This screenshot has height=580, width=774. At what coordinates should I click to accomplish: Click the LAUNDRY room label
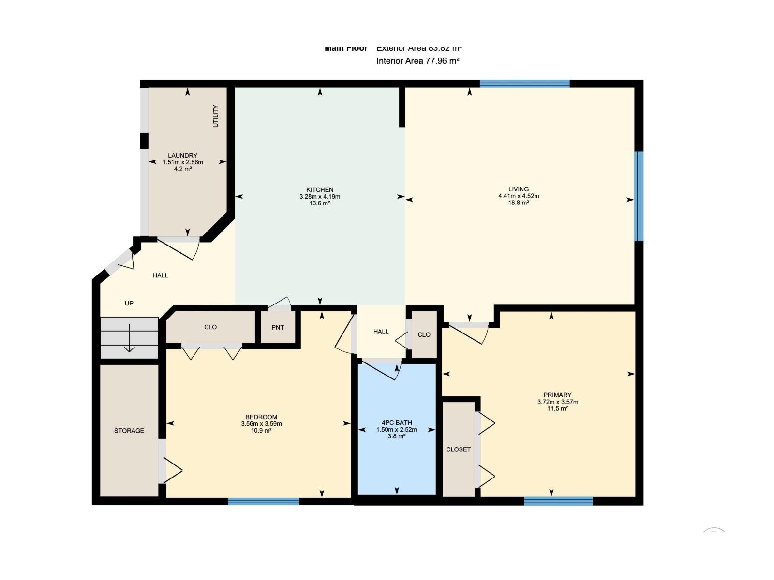[x=182, y=156]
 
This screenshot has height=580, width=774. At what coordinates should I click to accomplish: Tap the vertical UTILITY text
[x=216, y=116]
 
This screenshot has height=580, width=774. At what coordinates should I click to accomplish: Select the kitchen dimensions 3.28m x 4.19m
[x=319, y=197]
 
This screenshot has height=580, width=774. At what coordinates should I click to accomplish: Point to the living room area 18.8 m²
[x=518, y=203]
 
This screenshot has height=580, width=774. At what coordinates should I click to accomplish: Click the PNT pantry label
[x=278, y=328]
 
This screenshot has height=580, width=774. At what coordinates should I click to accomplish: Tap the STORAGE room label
[x=129, y=431]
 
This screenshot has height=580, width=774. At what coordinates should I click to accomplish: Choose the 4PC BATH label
[x=397, y=422]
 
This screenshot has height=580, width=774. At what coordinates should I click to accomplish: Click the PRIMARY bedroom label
[x=557, y=395]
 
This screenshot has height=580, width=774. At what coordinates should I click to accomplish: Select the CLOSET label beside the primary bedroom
[x=458, y=449]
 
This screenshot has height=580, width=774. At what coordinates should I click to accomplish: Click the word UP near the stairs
[x=129, y=304]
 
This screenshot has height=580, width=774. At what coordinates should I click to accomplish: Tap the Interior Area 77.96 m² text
[x=417, y=61]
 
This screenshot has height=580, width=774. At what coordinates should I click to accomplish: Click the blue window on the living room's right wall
[x=639, y=196]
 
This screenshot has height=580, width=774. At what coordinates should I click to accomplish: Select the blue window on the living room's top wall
[x=524, y=84]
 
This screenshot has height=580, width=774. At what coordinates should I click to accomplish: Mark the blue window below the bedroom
[x=264, y=501]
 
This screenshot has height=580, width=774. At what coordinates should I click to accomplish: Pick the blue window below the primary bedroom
[x=558, y=501]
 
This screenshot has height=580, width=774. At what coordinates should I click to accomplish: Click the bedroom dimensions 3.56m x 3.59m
[x=261, y=424]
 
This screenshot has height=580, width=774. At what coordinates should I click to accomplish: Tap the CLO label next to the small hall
[x=424, y=335]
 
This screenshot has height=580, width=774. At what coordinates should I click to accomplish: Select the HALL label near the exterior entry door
[x=161, y=275]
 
